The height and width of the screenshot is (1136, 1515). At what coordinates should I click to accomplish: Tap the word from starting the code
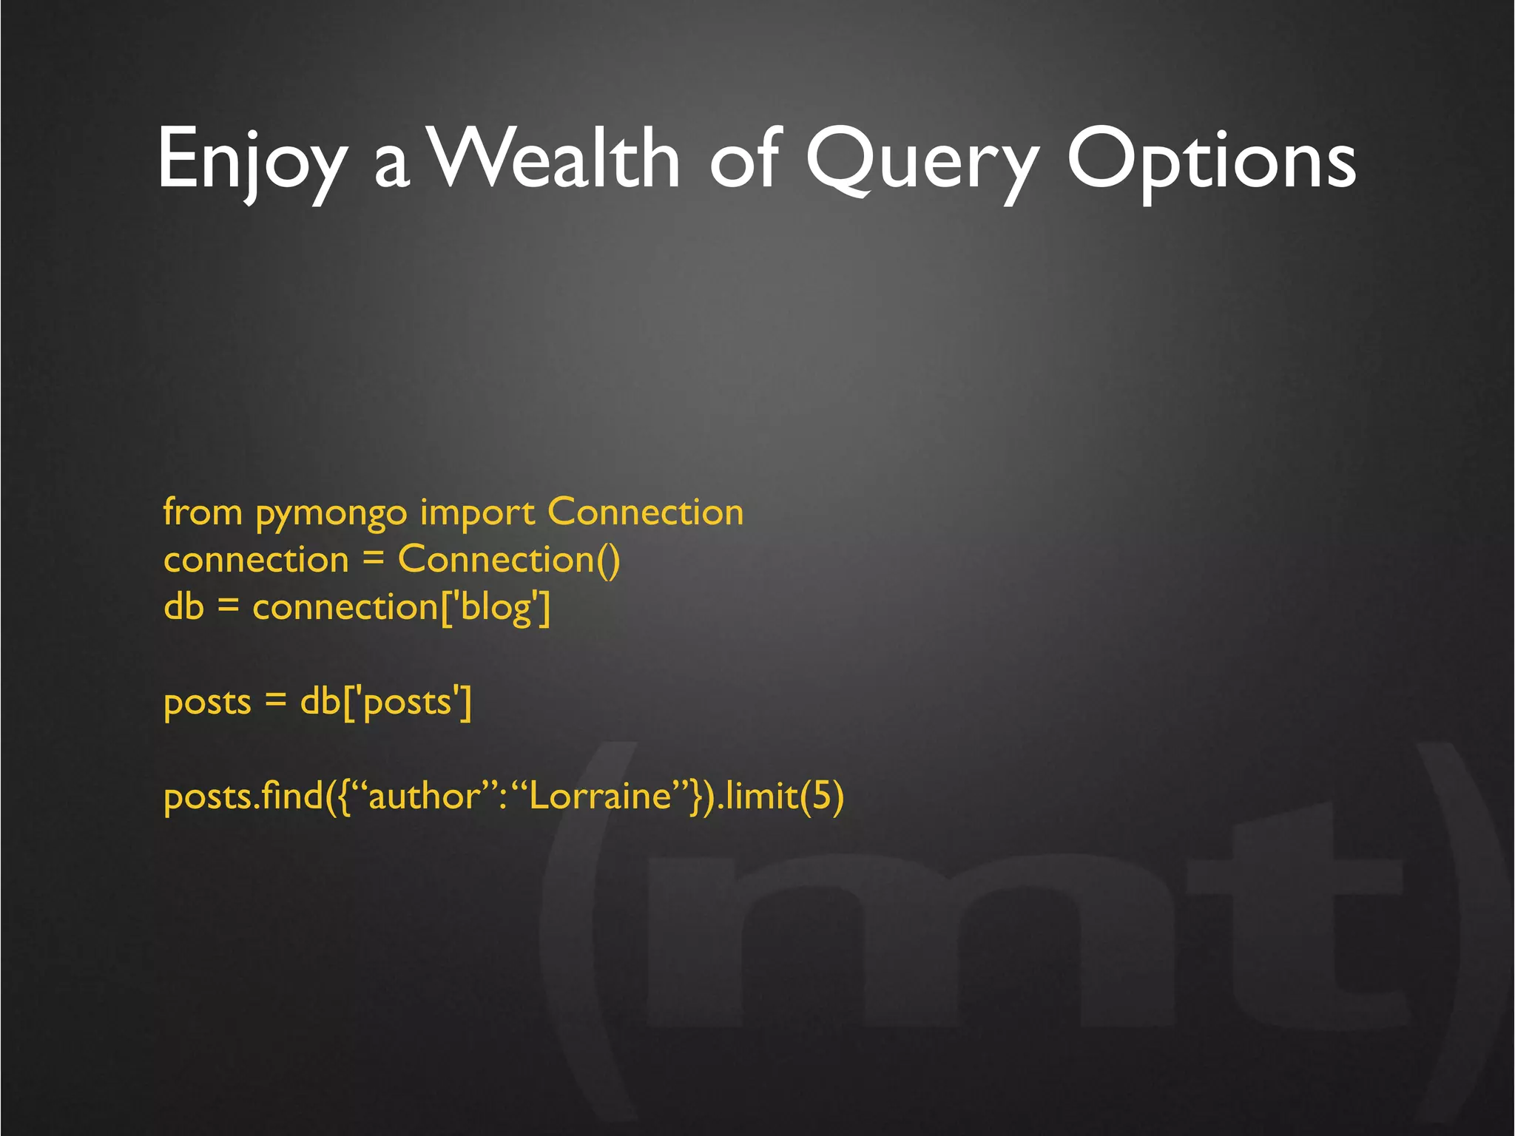203,512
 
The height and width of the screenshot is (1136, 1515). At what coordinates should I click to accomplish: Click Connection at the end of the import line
645,512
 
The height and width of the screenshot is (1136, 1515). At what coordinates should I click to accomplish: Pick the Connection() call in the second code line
509,559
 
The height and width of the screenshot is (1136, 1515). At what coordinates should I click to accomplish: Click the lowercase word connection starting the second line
256,561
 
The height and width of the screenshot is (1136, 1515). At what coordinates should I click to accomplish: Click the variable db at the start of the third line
183,606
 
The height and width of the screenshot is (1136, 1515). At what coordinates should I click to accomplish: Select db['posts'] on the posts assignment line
385,701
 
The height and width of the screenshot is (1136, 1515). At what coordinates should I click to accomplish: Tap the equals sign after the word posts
275,700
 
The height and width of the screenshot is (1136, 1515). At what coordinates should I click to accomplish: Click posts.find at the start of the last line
243,797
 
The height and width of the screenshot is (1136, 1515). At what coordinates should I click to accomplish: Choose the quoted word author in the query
425,797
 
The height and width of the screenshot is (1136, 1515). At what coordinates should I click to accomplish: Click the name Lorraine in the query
600,797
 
